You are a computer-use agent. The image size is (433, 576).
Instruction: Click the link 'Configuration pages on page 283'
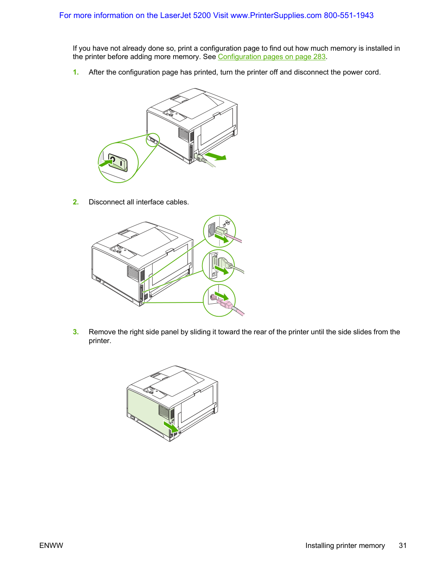(272, 57)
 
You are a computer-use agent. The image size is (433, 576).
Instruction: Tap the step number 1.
(75, 72)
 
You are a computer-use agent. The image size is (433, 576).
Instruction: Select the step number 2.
(75, 202)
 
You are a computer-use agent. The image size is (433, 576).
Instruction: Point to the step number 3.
(75, 332)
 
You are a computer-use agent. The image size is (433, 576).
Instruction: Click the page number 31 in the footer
(402, 545)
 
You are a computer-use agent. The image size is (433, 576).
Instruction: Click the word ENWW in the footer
(51, 545)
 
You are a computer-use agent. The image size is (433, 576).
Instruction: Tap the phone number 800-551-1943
(348, 15)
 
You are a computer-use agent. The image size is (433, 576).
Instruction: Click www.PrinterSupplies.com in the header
(276, 15)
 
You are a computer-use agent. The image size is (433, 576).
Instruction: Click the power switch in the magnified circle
(118, 163)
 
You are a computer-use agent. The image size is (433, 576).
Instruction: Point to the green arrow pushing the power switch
(105, 163)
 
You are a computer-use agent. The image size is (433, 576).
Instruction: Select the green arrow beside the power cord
(215, 156)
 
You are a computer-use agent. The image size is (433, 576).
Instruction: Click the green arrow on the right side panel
(171, 427)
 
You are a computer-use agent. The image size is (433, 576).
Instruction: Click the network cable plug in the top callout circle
(222, 232)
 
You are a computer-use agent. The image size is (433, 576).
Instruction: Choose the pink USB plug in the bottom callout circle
(226, 305)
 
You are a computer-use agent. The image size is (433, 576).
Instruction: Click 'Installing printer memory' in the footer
(345, 545)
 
